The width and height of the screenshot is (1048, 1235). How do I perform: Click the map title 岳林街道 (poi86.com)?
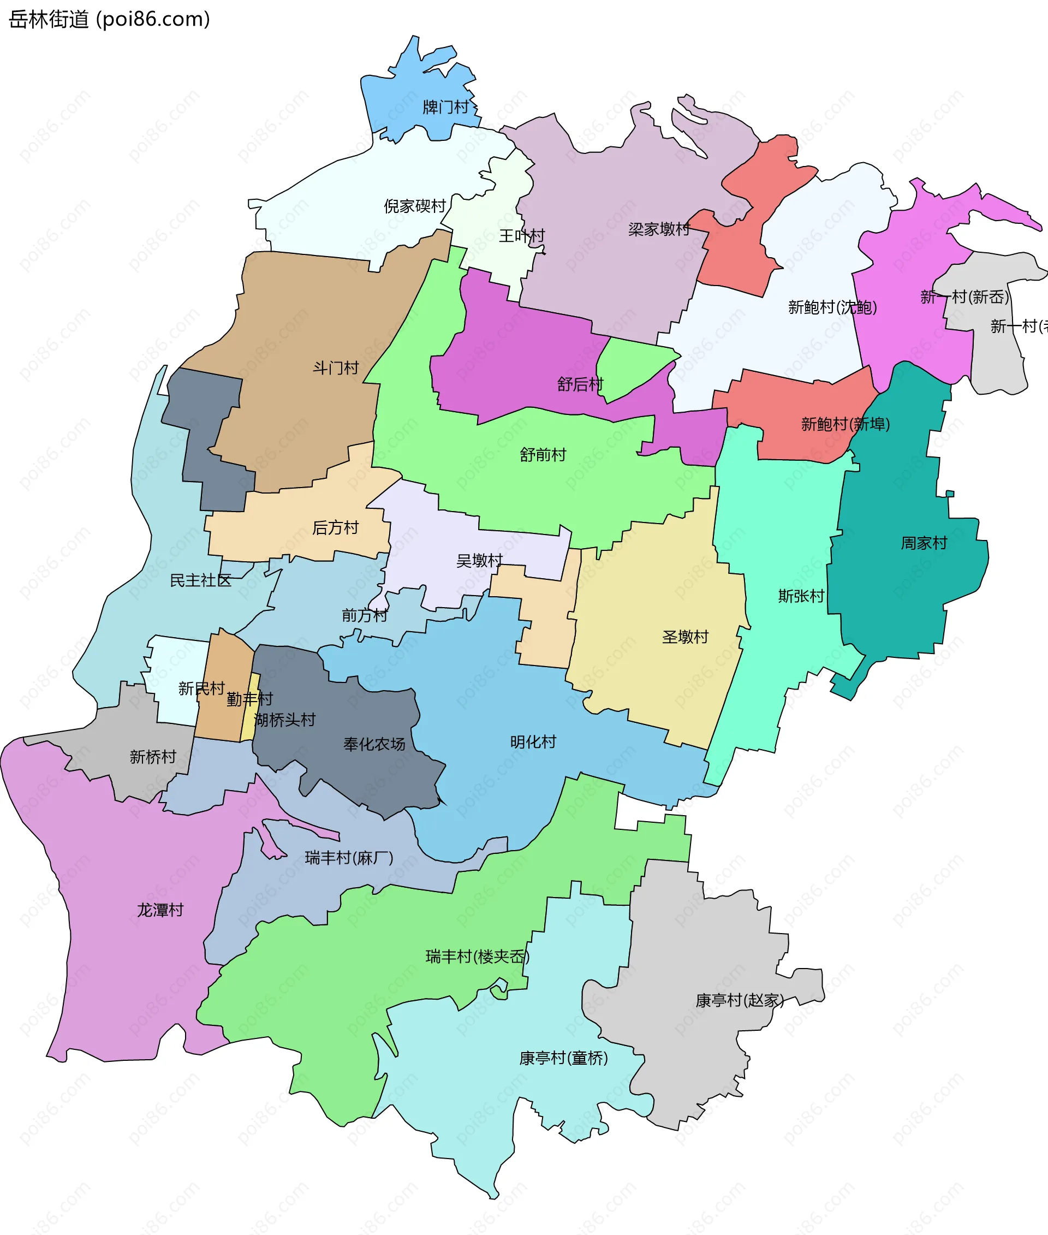coord(110,19)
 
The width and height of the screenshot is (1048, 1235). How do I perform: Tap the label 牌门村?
coord(445,107)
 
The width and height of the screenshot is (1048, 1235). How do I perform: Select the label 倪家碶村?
coord(415,206)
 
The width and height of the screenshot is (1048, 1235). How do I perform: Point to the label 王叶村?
coord(522,236)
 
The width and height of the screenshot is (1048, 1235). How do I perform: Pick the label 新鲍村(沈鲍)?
coord(832,307)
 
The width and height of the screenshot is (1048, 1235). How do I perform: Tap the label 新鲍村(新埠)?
coord(845,424)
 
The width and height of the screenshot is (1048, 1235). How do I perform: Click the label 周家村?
coord(924,543)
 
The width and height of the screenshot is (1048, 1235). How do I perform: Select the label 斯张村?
coord(801,596)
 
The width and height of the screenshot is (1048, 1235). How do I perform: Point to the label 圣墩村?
coord(685,637)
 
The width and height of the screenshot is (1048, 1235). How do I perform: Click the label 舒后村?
coord(580,384)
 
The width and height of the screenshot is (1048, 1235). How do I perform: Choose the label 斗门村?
coord(336,368)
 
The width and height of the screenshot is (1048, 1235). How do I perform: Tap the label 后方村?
coord(335,527)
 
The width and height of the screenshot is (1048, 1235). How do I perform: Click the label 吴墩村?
coord(479,560)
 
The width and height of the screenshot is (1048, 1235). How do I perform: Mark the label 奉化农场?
coord(374,744)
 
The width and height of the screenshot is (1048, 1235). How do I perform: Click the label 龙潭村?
coord(160,910)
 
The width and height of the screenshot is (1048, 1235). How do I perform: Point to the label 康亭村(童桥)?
coord(563,1058)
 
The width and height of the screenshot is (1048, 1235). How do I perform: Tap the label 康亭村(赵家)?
coord(740,1000)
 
